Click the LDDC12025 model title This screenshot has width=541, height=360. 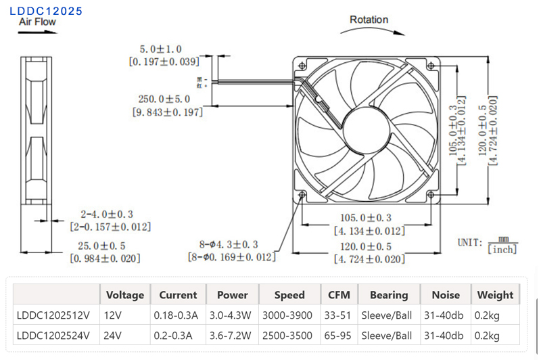click(46, 11)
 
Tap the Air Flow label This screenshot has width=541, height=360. click(38, 22)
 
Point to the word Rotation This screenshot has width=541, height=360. click(369, 19)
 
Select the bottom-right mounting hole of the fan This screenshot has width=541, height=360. click(431, 195)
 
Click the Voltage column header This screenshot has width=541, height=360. click(125, 295)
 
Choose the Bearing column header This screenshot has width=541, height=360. click(389, 295)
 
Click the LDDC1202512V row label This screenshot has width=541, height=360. click(53, 315)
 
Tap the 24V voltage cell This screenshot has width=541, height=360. click(114, 336)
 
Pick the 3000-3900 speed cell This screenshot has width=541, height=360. click(289, 315)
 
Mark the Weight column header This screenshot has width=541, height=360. click(495, 295)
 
